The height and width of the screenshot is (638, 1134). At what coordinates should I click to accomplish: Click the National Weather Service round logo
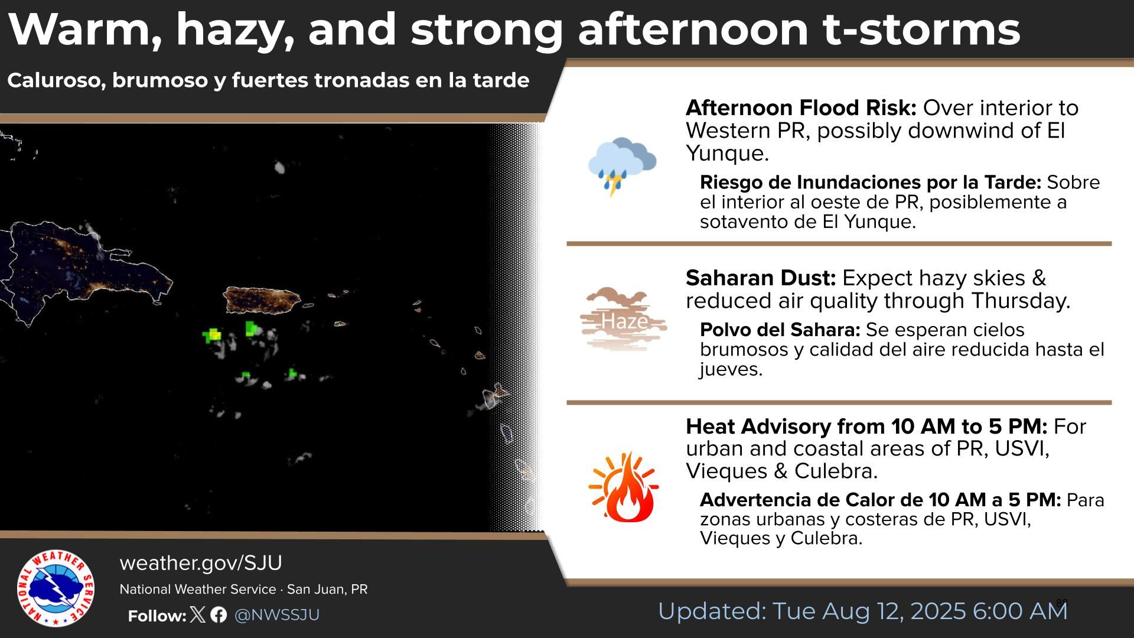tap(56, 588)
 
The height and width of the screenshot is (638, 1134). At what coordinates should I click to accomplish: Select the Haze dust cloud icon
tap(623, 319)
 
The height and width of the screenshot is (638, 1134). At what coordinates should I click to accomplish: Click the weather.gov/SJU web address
tap(201, 563)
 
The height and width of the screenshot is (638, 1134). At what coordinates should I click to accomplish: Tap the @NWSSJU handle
tap(277, 615)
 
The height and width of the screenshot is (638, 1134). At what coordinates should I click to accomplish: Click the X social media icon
tap(198, 615)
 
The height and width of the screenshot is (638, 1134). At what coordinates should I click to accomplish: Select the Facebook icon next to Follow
tap(219, 615)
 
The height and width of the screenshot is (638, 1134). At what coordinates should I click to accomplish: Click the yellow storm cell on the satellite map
tap(214, 336)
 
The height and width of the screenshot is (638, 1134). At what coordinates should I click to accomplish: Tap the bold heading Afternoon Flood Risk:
tap(801, 108)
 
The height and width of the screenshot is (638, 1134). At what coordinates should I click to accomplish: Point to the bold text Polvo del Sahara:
tap(780, 330)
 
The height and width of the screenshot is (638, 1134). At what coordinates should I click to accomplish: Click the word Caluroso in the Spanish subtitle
tap(56, 80)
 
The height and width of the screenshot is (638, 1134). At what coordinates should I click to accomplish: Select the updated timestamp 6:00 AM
tap(1020, 611)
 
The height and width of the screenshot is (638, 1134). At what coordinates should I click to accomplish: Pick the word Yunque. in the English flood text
tap(727, 154)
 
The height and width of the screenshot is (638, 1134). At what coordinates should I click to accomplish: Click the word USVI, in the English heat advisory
tap(1022, 449)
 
